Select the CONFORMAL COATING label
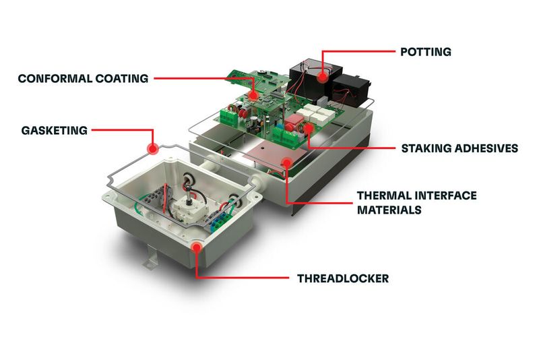tap(83, 79)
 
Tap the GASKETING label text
tap(54, 130)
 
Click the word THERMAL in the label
tap(383, 196)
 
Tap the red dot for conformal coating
tap(253, 96)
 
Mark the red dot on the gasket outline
tap(152, 146)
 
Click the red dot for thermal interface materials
tap(287, 162)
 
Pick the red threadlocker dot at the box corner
tap(196, 247)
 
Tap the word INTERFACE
tap(446, 196)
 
